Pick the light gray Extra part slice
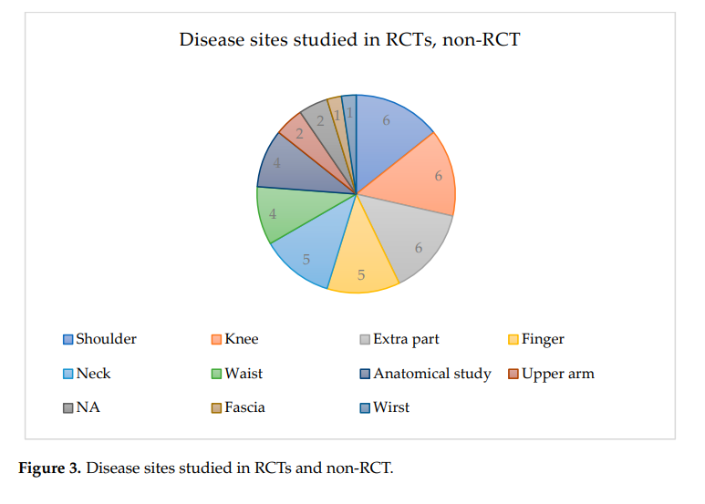point(410,242)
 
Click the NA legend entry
point(88,407)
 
